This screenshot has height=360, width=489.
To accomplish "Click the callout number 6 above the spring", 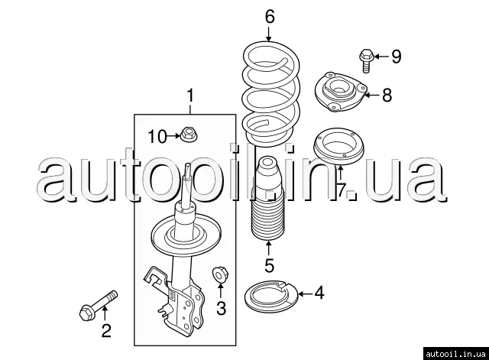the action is pyautogui.click(x=270, y=17).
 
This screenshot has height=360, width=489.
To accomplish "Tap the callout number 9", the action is pyautogui.click(x=396, y=57).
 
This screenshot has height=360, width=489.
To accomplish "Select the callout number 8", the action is pyautogui.click(x=387, y=95).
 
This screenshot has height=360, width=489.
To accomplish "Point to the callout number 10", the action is pyautogui.click(x=157, y=137).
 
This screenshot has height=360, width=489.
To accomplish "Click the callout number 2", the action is pyautogui.click(x=106, y=331).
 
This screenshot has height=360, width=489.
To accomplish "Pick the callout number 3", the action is pyautogui.click(x=221, y=308).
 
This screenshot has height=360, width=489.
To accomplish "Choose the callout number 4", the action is pyautogui.click(x=319, y=293).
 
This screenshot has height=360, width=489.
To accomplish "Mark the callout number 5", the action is pyautogui.click(x=269, y=265).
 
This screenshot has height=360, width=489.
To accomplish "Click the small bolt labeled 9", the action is pyautogui.click(x=365, y=60).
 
